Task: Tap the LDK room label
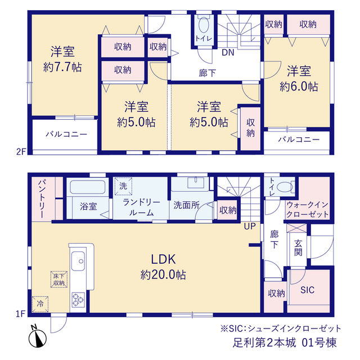[x=163, y=259]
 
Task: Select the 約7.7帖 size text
[x=62, y=67]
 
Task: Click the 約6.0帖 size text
[x=299, y=87]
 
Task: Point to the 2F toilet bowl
[x=204, y=25]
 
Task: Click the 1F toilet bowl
[x=285, y=187]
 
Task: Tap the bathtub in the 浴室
[x=88, y=187]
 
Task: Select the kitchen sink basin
[x=78, y=261]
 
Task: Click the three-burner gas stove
[x=78, y=300]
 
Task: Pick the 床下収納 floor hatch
[x=58, y=279]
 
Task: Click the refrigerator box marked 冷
[x=40, y=304]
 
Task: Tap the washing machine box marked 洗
[x=123, y=186]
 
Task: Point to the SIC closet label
[x=307, y=290]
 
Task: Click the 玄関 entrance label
[x=298, y=248]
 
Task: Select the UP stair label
[x=250, y=226]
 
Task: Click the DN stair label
[x=228, y=52]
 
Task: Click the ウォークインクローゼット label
[x=308, y=209]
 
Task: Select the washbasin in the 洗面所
[x=195, y=183]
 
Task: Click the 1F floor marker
[x=20, y=314]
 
